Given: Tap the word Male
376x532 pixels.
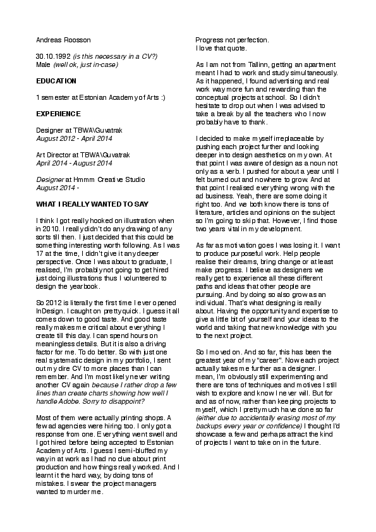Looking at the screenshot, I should [x=43, y=64].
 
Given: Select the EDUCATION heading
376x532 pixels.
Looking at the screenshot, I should [x=56, y=81].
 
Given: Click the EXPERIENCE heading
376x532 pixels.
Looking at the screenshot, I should [x=58, y=114].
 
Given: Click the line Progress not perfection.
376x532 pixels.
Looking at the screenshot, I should [x=232, y=40].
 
